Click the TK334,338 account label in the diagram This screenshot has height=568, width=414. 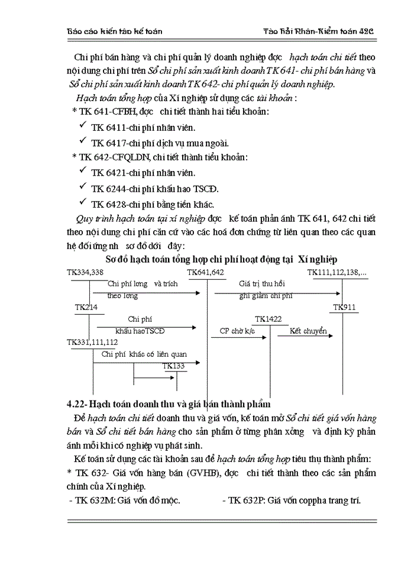[x=86, y=272]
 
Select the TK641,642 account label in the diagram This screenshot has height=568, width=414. [x=206, y=272]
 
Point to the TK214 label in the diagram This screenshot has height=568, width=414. [x=86, y=307]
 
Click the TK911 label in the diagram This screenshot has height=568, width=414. [x=344, y=307]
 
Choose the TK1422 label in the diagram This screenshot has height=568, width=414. [x=268, y=319]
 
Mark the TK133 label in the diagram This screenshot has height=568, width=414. [x=174, y=366]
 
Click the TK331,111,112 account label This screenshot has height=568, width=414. [x=92, y=342]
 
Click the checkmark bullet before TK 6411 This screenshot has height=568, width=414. [x=82, y=126]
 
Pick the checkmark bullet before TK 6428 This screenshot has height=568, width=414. [x=82, y=203]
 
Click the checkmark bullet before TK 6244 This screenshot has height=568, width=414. [x=82, y=188]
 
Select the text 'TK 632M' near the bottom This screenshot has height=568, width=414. [x=93, y=500]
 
